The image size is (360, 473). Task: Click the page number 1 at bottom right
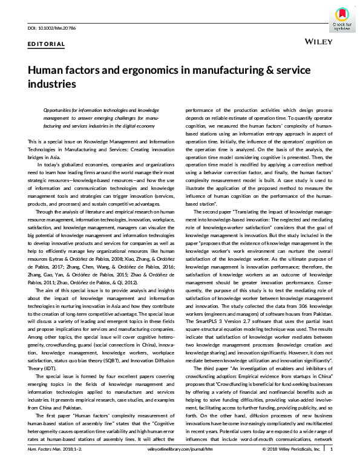click(x=332, y=466)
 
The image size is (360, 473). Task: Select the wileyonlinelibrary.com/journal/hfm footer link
click(x=180, y=466)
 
